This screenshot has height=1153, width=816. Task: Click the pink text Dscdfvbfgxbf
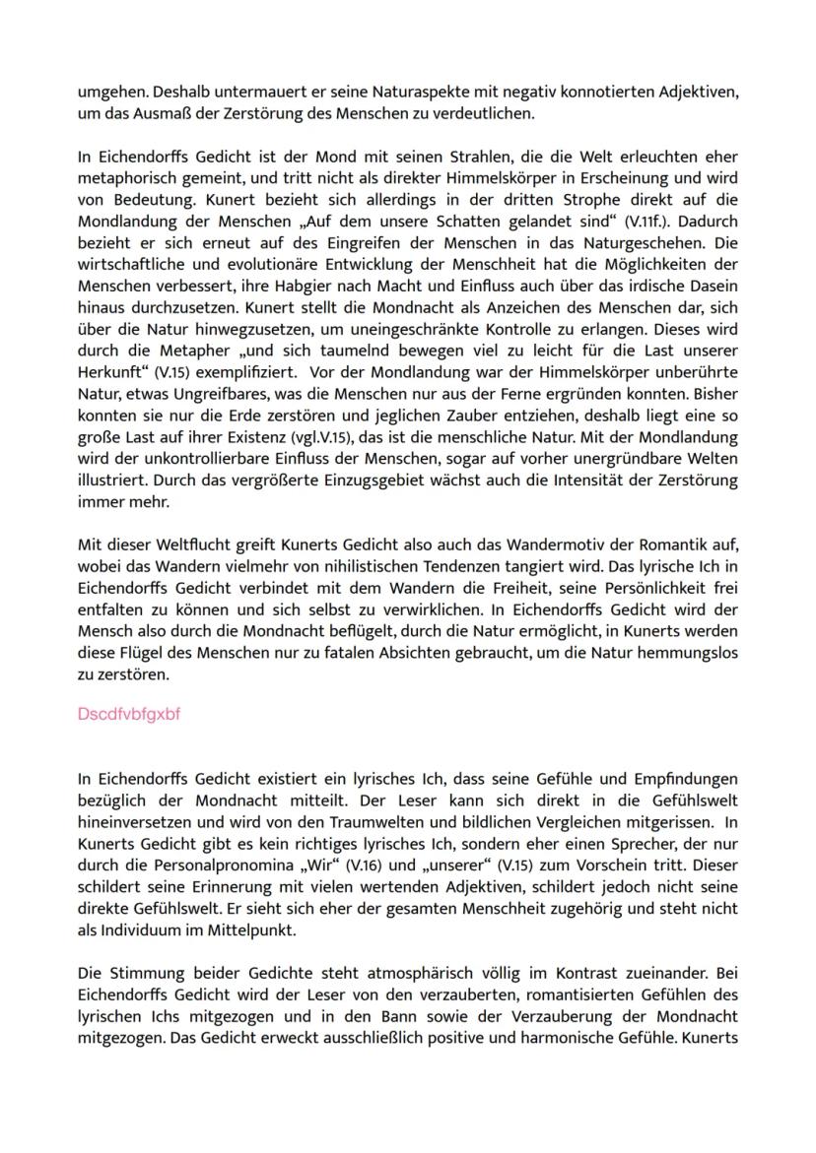coord(129,715)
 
